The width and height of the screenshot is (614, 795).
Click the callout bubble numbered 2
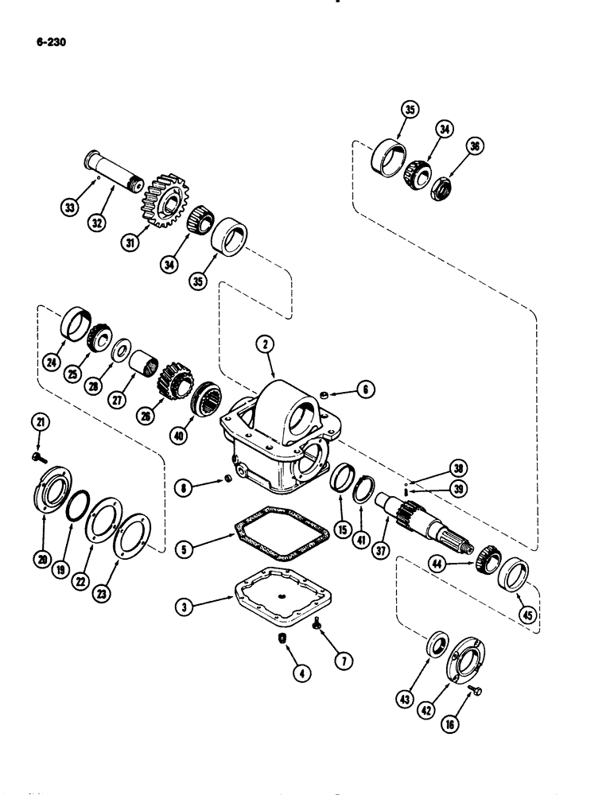(x=262, y=343)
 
